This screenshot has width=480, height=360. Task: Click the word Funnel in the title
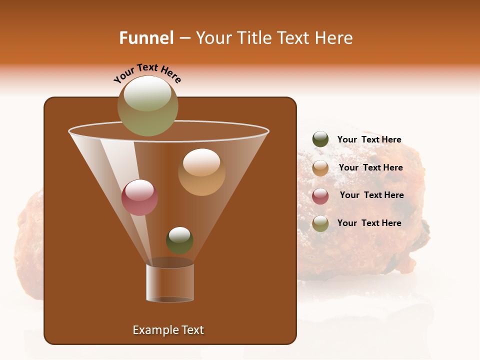click(146, 38)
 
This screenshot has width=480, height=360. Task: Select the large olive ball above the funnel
click(148, 105)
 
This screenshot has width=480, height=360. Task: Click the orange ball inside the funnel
click(201, 172)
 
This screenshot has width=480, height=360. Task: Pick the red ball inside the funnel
click(139, 197)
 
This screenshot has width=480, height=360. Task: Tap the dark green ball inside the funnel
click(179, 240)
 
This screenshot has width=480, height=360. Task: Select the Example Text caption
click(168, 330)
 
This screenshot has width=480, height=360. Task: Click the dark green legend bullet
click(320, 139)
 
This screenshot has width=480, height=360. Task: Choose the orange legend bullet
click(320, 168)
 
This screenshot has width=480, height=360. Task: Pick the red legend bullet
click(320, 196)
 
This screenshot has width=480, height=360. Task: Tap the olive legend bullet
click(320, 223)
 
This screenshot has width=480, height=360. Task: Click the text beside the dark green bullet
click(369, 140)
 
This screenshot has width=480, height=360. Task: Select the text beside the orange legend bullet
click(370, 168)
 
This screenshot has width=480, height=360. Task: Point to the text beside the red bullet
click(371, 195)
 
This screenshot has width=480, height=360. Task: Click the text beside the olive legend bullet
click(369, 223)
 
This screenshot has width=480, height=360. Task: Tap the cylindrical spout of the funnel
click(170, 282)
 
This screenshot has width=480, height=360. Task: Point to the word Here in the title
click(334, 38)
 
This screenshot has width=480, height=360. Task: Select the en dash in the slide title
click(184, 38)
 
